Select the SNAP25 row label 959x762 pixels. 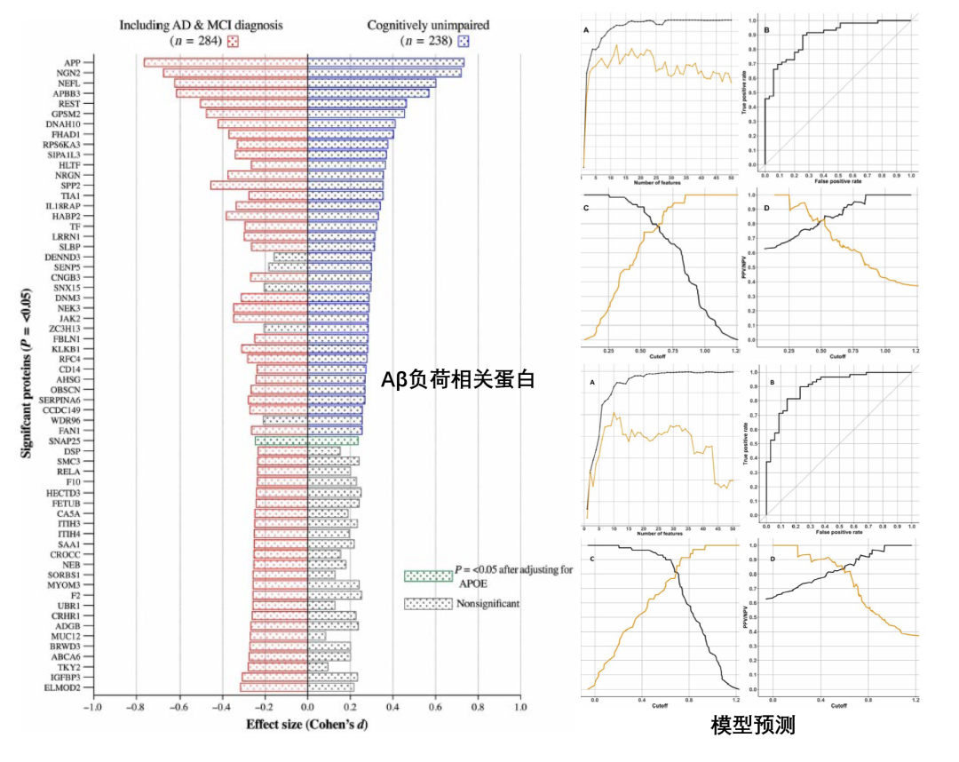pos(65,441)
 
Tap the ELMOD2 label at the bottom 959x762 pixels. pos(64,688)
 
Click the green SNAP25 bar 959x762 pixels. pos(306,441)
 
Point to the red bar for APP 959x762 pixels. pos(226,62)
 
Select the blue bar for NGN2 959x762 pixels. pos(384,73)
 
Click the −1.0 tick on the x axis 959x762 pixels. pos(92,708)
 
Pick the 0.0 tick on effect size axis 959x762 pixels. pos(307,708)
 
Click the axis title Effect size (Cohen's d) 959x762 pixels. pos(306,725)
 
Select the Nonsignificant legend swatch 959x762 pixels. pos(427,604)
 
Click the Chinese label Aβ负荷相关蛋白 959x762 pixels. pos(458,380)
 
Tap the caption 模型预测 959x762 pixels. pos(752,726)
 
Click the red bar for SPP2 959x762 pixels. pos(258,186)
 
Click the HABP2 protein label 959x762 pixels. pos(67,216)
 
